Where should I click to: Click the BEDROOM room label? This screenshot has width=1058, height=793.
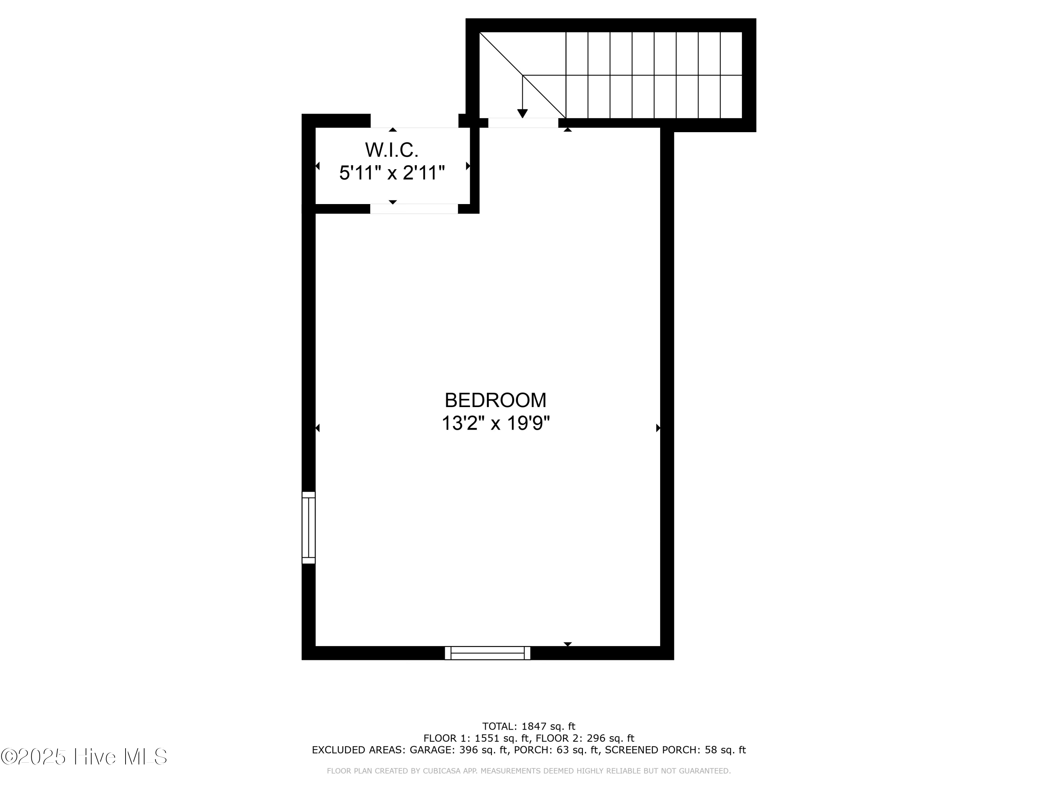(x=495, y=400)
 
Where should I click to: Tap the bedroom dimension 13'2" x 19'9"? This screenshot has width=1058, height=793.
(x=495, y=423)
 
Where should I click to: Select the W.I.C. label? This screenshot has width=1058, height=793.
(x=392, y=150)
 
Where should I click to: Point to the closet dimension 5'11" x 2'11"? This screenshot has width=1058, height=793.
(x=392, y=173)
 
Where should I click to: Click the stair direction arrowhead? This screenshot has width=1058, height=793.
(x=522, y=113)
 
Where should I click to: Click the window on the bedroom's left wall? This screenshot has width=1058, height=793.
(x=309, y=528)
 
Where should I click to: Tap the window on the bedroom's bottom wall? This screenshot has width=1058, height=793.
(x=487, y=653)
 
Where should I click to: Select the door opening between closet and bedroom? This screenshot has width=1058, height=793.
(x=414, y=209)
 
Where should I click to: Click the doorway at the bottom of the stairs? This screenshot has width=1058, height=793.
(x=523, y=123)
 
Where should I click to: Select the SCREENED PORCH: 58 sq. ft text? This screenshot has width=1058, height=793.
(x=675, y=750)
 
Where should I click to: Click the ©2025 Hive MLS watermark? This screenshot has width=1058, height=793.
(x=84, y=757)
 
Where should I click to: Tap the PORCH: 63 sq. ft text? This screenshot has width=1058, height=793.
(x=556, y=750)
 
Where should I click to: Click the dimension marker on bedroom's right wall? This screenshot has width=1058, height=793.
(x=658, y=428)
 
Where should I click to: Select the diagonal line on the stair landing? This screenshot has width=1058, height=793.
(x=523, y=75)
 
